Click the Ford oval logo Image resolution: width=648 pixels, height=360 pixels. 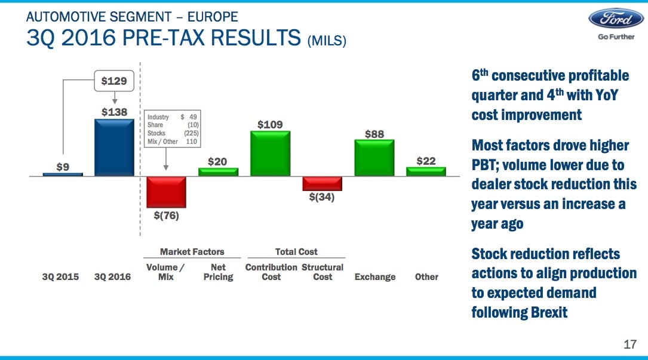point(616,18)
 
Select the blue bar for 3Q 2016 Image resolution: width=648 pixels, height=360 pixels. point(114,147)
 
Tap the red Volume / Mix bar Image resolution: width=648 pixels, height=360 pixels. point(166,192)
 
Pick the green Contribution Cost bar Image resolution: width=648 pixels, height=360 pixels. point(270,153)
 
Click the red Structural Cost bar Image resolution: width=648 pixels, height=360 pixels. point(322,183)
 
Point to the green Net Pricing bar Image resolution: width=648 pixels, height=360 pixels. point(218,172)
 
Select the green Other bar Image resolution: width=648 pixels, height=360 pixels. point(426,171)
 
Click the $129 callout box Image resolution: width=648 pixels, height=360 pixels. point(113,81)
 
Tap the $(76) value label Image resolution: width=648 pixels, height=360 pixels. point(166,216)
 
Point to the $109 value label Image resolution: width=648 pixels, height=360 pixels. point(270,124)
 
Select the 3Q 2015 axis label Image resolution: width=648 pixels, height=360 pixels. point(60,277)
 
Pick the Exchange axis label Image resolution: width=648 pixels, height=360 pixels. point(375,277)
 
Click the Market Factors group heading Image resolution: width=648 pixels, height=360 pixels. point(192,252)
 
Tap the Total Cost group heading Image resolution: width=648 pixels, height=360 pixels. point(296,252)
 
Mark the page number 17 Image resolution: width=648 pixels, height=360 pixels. point(629,344)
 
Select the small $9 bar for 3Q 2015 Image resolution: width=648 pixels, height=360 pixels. point(63,174)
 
